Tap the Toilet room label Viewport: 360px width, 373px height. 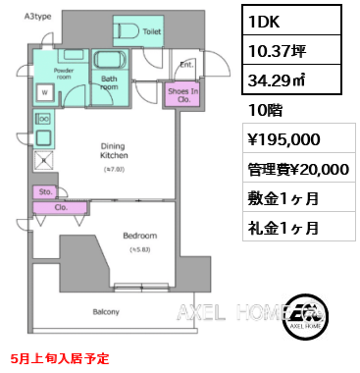152,31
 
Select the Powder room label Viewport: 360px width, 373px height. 64,74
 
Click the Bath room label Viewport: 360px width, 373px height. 110,82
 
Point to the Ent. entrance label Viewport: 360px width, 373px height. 184,66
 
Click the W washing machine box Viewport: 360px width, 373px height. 44,93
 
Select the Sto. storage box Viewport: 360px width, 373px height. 45,191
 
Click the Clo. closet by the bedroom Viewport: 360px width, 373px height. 59,207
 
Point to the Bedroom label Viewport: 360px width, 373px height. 139,236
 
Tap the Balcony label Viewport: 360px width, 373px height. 106,312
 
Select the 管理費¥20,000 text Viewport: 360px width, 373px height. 294,168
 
